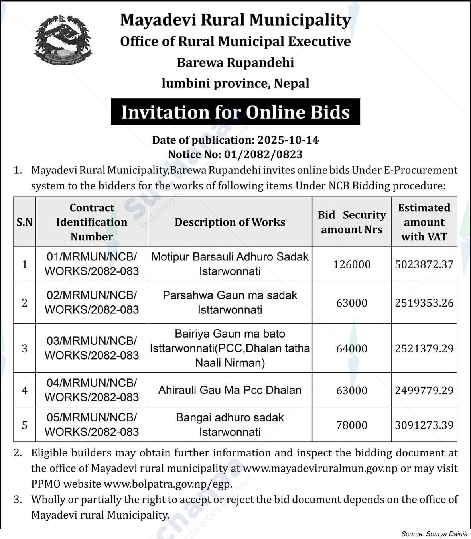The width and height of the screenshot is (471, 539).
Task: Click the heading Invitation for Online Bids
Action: click(x=235, y=112)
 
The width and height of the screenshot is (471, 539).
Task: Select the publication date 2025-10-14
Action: click(x=288, y=140)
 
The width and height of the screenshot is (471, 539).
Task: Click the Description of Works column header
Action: click(x=230, y=222)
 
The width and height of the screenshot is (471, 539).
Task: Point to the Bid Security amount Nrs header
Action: click(x=351, y=222)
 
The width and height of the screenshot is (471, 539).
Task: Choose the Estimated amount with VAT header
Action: click(x=424, y=222)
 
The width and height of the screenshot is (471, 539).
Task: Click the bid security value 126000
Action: click(x=351, y=264)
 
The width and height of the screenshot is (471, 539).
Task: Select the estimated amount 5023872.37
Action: click(x=424, y=264)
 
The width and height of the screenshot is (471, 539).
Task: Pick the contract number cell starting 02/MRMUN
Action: click(x=92, y=302)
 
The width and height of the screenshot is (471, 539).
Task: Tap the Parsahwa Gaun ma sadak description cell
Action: click(x=230, y=302)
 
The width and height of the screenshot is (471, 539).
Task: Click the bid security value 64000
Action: click(x=351, y=348)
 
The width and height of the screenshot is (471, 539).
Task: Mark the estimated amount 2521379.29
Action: click(x=424, y=348)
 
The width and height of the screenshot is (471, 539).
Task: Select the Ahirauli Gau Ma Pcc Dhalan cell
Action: click(x=230, y=390)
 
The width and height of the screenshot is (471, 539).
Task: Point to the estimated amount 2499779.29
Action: click(x=424, y=390)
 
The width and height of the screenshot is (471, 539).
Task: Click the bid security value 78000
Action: click(x=351, y=425)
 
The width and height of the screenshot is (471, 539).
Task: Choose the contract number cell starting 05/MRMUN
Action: click(x=92, y=425)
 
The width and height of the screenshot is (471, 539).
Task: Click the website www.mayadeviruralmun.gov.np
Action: click(x=320, y=468)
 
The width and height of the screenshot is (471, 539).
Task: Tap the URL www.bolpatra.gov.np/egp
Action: click(x=168, y=484)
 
